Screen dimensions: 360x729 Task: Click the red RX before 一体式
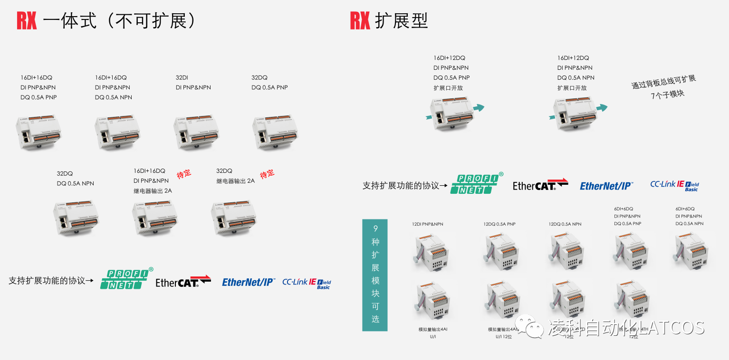[x=27, y=21]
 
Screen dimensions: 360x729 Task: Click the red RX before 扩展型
[x=360, y=21]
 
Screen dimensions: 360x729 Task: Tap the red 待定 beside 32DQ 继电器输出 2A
[x=267, y=174]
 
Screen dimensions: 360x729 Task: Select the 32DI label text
[x=182, y=77]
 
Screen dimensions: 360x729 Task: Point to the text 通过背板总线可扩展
[x=663, y=82]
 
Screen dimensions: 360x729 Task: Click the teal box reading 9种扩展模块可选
[x=375, y=275]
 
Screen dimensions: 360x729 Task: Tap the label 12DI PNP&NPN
[x=427, y=224]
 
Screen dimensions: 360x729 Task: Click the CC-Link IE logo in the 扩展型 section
[x=674, y=185]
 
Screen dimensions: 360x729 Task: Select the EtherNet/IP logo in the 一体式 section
[x=249, y=282]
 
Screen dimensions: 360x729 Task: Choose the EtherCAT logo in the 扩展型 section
[x=540, y=185]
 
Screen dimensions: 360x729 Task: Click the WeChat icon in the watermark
[x=529, y=327]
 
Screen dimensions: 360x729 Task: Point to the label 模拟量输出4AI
[x=432, y=329]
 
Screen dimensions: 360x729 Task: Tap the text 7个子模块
[x=668, y=94]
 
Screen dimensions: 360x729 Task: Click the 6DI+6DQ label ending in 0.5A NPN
[x=689, y=216]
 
